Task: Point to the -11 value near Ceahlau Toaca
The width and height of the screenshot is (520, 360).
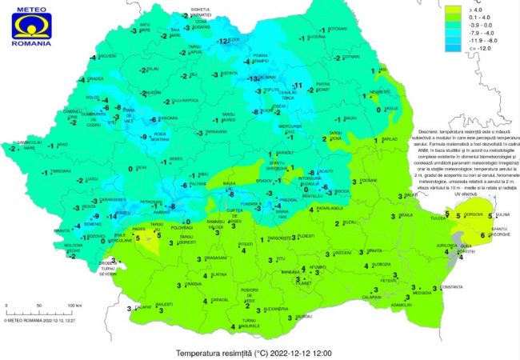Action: tap(297, 85)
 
